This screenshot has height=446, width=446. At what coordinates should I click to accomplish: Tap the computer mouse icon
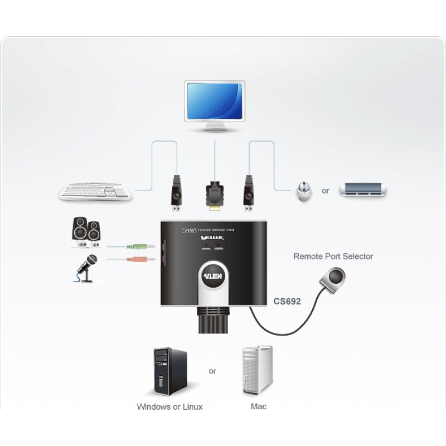coord(303,191)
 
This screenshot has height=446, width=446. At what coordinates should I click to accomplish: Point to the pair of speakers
coord(86,232)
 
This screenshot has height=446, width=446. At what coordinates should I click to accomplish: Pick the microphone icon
coord(85,267)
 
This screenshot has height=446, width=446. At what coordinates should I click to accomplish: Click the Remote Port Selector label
coord(333,256)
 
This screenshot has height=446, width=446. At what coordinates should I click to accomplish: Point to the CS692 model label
coord(287,302)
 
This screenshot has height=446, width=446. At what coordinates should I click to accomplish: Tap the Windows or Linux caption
coord(169,406)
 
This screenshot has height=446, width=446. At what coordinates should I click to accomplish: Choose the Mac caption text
coord(259,406)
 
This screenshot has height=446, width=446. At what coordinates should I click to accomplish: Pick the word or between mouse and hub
coord(326,191)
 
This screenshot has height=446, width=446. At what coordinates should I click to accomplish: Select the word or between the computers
coord(212,371)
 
